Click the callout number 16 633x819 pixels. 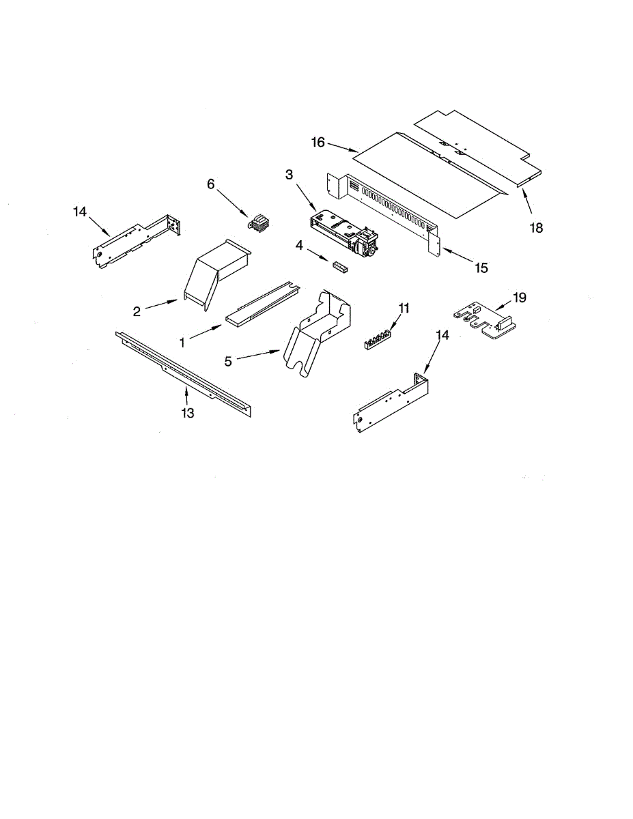pyautogui.click(x=317, y=143)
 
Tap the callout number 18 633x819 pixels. pyautogui.click(x=537, y=228)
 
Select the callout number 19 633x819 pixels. pyautogui.click(x=520, y=298)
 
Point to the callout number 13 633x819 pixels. pyautogui.click(x=187, y=413)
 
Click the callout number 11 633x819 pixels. pyautogui.click(x=404, y=308)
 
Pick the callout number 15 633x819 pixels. pyautogui.click(x=482, y=268)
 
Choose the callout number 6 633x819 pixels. pyautogui.click(x=211, y=184)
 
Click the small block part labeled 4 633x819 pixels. pyautogui.click(x=340, y=266)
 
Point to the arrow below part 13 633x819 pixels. pyautogui.click(x=186, y=395)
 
